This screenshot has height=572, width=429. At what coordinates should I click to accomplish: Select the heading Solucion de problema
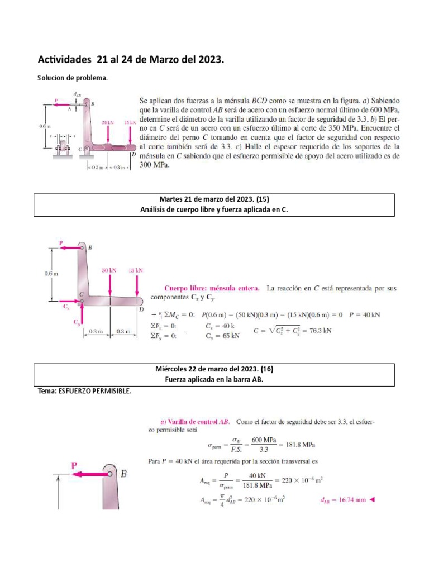pyautogui.click(x=72, y=78)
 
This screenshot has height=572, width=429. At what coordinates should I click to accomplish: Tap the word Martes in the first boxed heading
pyautogui.click(x=172, y=198)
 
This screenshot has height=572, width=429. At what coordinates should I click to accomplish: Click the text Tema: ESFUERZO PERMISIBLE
pyautogui.click(x=84, y=391)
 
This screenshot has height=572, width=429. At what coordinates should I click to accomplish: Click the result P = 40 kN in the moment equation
pyautogui.click(x=364, y=314)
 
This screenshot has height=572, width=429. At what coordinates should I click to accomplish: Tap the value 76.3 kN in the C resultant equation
pyautogui.click(x=320, y=330)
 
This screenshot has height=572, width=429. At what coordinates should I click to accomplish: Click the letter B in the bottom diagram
pyautogui.click(x=123, y=474)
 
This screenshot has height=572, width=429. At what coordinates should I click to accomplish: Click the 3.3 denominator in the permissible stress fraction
pyautogui.click(x=265, y=449)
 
